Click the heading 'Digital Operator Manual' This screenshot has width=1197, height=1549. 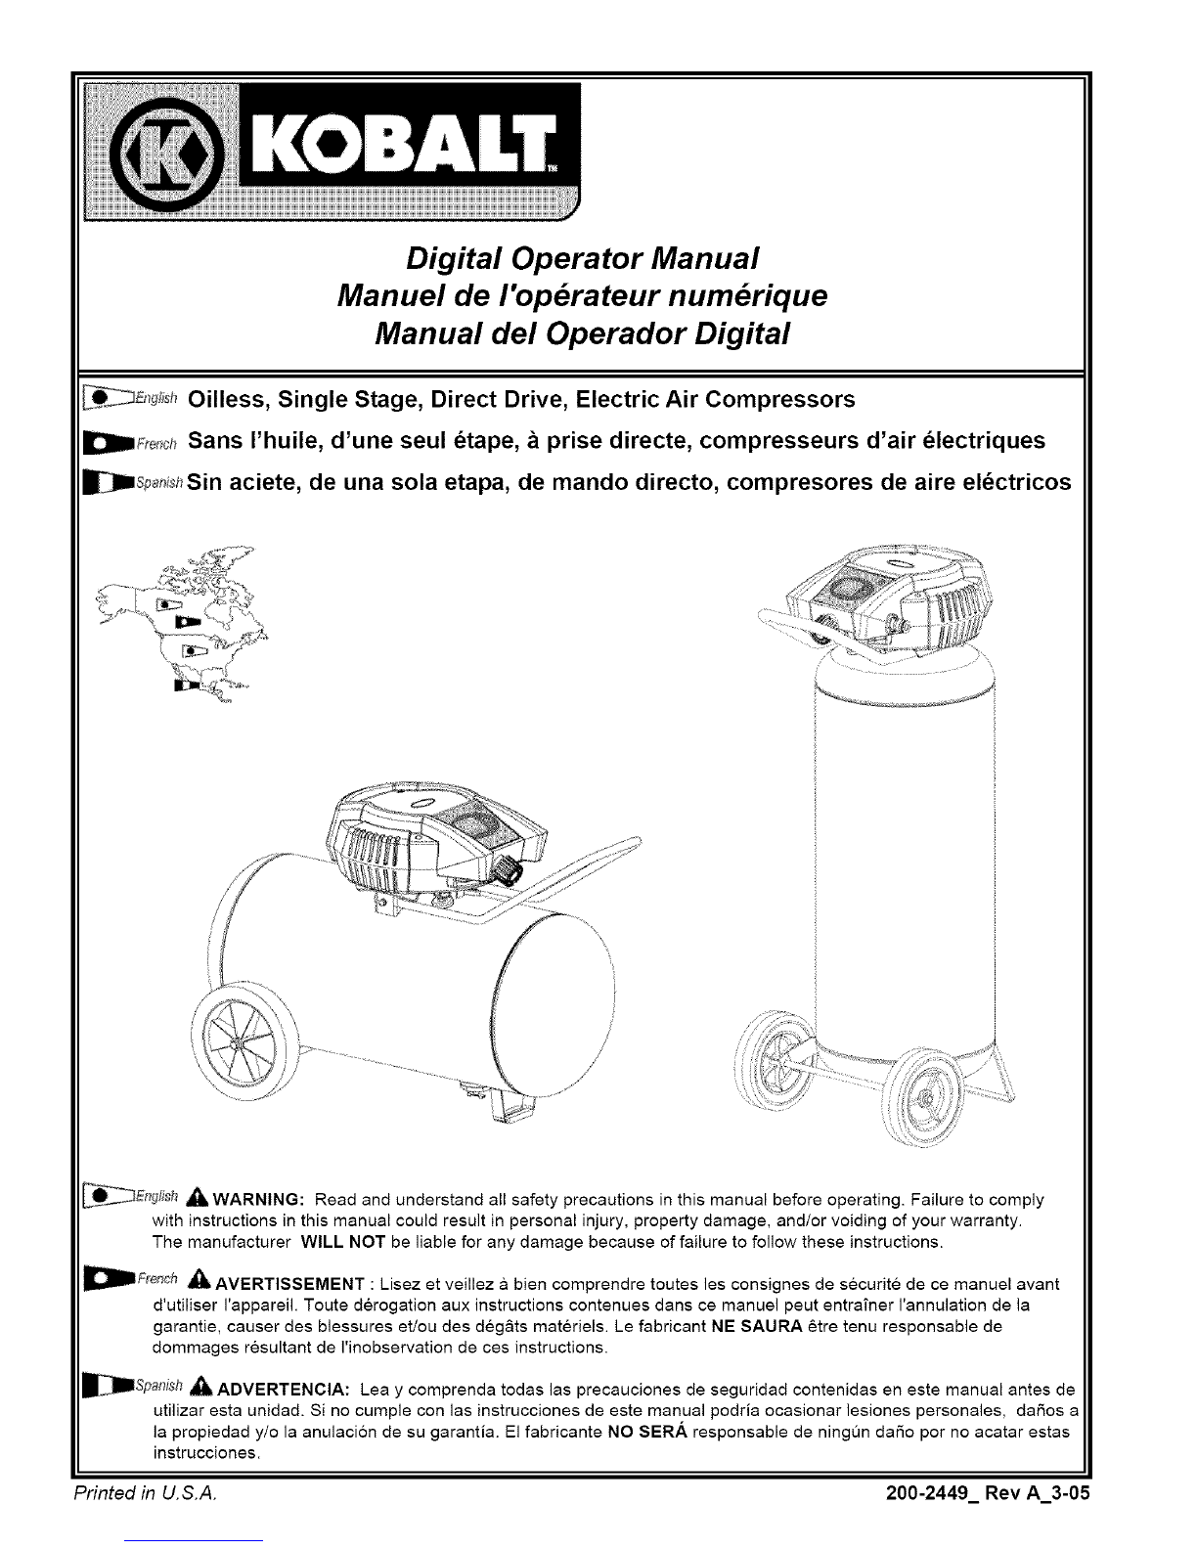(583, 260)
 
